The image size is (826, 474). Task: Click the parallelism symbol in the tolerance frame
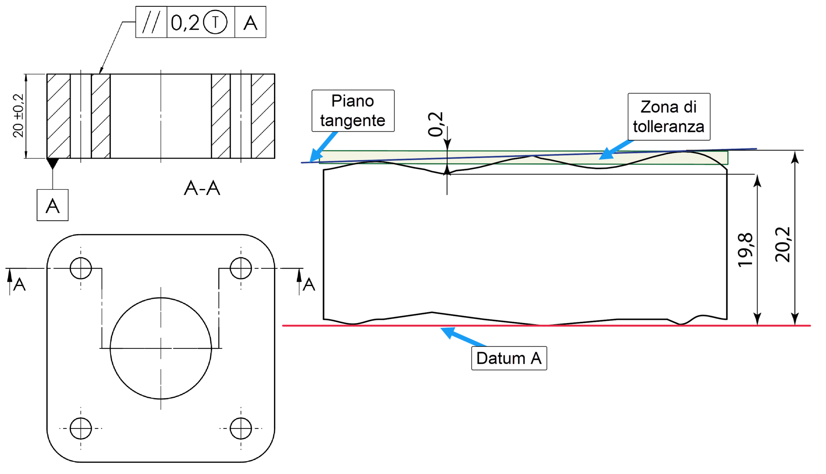point(151,22)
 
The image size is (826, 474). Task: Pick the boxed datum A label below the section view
point(53,205)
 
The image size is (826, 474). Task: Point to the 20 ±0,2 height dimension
point(18,116)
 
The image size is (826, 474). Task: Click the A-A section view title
point(202,188)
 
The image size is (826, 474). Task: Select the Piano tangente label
point(353,111)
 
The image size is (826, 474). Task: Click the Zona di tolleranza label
point(669,117)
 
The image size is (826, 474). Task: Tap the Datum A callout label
point(509,358)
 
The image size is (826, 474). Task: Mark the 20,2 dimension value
point(783,245)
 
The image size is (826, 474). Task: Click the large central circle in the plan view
point(161,348)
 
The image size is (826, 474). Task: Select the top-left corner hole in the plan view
point(81,268)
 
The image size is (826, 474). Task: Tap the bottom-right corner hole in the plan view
point(241,428)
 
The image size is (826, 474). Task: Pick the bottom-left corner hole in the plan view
point(81,428)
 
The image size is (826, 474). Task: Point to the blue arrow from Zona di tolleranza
point(617,150)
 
